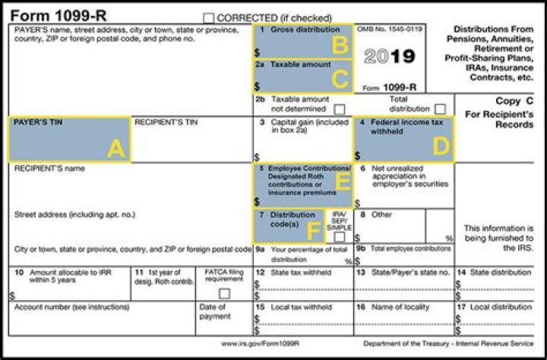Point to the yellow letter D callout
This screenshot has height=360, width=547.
coord(441,146)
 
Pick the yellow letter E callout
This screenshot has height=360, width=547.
coord(341,182)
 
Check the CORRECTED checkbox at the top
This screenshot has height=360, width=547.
coord(208,17)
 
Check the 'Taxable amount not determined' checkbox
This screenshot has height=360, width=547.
coord(340,109)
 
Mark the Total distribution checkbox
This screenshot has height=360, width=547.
coord(440,109)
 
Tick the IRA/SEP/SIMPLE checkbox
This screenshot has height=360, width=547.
coord(339,237)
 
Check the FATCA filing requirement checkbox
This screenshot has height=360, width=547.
coord(224,294)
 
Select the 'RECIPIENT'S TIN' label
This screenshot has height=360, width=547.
coord(166,122)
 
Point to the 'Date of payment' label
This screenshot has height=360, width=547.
coord(214,311)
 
